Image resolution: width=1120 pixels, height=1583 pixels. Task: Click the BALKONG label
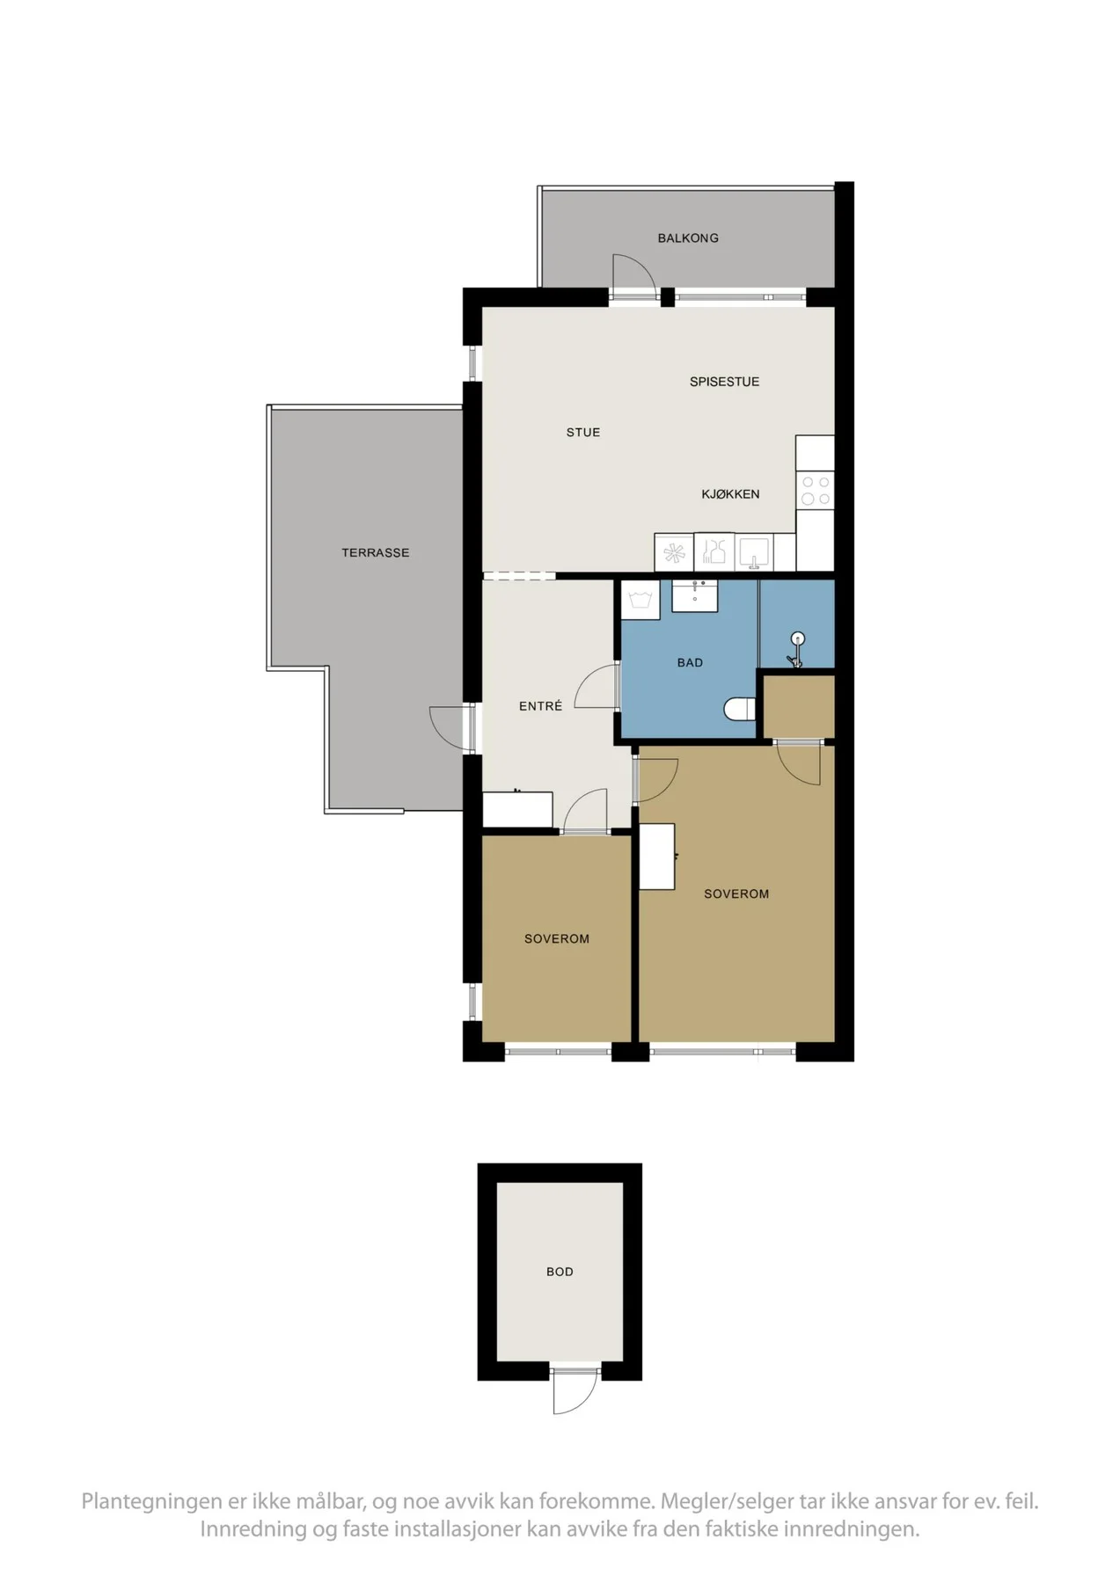(688, 237)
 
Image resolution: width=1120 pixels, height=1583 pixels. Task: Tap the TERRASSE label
(376, 552)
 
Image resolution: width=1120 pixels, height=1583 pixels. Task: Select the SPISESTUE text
(724, 382)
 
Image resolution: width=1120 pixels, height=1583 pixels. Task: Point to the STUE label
(583, 432)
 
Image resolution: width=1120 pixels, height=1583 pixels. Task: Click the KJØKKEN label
(730, 494)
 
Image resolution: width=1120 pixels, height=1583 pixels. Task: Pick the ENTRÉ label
(540, 705)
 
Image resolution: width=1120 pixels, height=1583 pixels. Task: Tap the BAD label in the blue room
(690, 662)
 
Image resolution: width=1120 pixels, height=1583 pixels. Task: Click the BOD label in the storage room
(560, 1272)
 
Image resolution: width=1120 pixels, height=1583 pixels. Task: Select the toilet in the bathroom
(740, 709)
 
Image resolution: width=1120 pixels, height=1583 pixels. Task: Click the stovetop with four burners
(816, 491)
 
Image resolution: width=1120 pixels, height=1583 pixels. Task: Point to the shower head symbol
(797, 648)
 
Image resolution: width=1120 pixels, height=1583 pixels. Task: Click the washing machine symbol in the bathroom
(641, 601)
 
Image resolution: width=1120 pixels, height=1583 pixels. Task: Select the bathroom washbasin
(695, 595)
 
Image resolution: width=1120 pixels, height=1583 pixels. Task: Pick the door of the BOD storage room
(575, 1390)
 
